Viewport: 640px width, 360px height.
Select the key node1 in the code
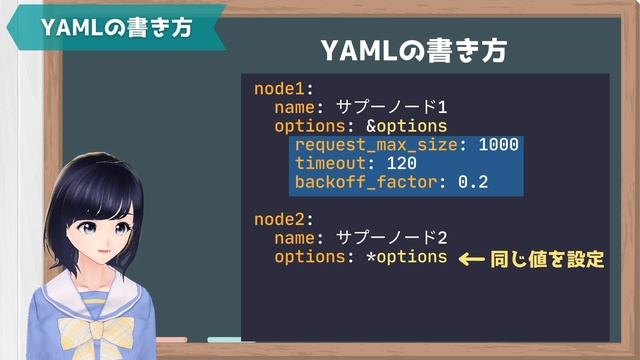tap(283, 88)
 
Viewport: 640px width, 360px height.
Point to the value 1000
tap(498, 145)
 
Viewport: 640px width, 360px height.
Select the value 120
tap(400, 164)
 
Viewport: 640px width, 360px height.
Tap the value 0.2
tap(472, 182)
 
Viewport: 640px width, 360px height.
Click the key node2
tap(283, 219)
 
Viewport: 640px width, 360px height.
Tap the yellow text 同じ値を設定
tap(547, 259)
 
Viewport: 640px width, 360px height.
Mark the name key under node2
tap(296, 238)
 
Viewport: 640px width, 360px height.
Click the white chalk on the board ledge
tap(231, 340)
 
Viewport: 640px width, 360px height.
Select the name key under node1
tap(296, 107)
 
